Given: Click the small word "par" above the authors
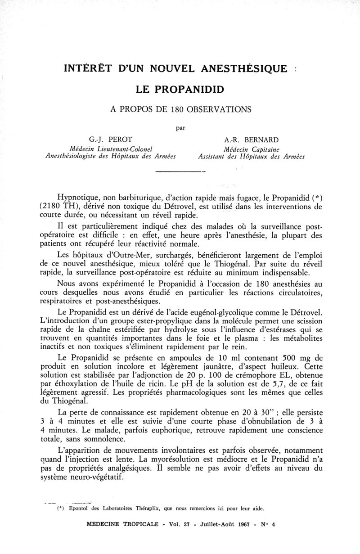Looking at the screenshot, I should pos(180,127).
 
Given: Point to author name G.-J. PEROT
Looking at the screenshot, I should pos(110,139).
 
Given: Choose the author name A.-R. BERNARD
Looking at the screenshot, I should pos(252,139).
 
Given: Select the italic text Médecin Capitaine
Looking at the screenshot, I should pos(252,148).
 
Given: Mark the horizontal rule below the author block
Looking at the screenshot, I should pos(180,172).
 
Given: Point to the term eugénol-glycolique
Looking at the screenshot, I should pos(241,312).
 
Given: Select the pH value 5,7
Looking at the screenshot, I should pos(278,384).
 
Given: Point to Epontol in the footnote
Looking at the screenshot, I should pos(80,509).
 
